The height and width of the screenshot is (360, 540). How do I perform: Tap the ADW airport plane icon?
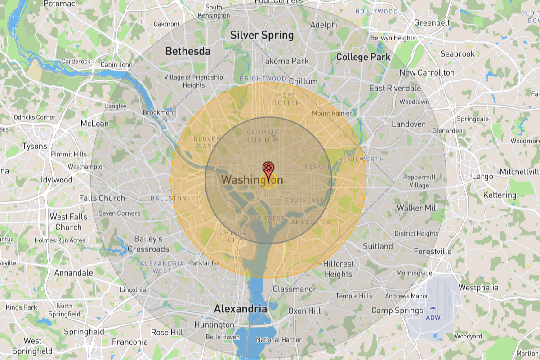pyautogui.click(x=433, y=308)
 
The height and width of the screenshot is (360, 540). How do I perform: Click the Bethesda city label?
pyautogui.click(x=187, y=51)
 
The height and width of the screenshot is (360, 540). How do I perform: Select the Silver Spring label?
pyautogui.click(x=262, y=35)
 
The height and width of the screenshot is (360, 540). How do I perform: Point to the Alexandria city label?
pyautogui.click(x=240, y=309)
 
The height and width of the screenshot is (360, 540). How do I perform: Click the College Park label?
pyautogui.click(x=363, y=57)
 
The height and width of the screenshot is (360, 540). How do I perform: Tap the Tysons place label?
pyautogui.click(x=35, y=146)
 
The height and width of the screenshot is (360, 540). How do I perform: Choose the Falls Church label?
pyautogui.click(x=102, y=198)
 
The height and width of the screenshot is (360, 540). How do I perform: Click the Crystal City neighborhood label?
pyautogui.click(x=235, y=236)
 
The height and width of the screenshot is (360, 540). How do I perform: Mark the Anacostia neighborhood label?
pyautogui.click(x=310, y=222)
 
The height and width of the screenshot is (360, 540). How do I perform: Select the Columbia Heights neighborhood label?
pyautogui.click(x=260, y=136)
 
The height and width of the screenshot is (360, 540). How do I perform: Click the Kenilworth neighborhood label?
pyautogui.click(x=361, y=159)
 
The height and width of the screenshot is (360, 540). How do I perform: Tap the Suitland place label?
pyautogui.click(x=378, y=246)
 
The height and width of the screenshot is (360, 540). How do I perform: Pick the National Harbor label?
pyautogui.click(x=279, y=340)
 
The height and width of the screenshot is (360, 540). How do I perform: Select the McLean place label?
pyautogui.click(x=94, y=124)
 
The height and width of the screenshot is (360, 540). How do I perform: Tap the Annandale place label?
pyautogui.click(x=73, y=272)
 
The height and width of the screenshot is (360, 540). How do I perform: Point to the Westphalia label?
pyautogui.click(x=478, y=287)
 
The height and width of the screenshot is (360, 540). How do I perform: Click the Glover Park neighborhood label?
pyautogui.click(x=207, y=142)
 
